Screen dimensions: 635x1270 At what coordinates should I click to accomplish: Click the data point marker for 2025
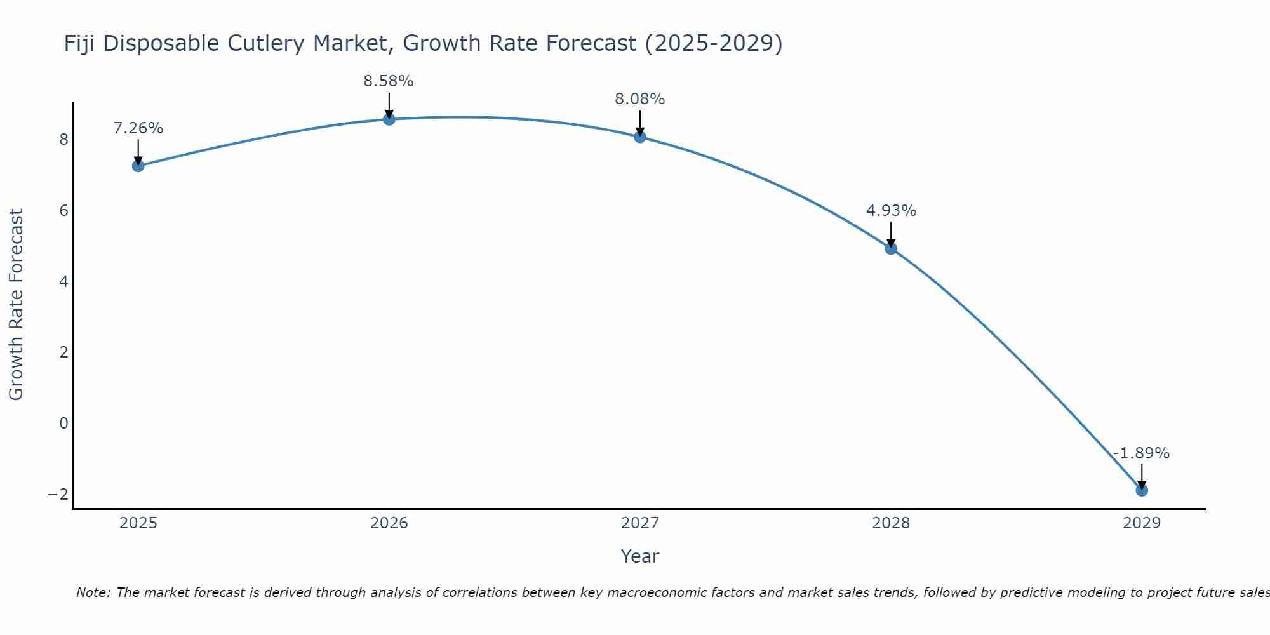point(138,166)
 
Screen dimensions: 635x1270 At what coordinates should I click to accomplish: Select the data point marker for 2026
point(389,119)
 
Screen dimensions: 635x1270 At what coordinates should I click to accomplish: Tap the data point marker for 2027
point(640,137)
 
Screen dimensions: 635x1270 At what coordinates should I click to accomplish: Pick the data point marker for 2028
point(891,248)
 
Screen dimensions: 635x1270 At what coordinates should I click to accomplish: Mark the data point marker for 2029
point(1142,490)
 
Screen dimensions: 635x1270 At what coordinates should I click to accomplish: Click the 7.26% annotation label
point(138,128)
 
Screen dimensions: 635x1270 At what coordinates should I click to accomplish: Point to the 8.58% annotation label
point(389,81)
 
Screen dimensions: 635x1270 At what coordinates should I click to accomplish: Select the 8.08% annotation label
point(639,99)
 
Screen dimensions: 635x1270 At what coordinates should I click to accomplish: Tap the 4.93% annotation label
point(891,211)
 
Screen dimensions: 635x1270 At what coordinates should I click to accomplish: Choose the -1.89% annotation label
point(1141,453)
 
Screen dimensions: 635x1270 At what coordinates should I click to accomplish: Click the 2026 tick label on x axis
point(389,523)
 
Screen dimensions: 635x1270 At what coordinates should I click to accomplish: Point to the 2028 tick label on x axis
point(891,523)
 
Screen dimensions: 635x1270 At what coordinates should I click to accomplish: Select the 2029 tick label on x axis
point(1142,523)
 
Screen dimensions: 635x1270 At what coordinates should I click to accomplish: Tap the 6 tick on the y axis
point(63,210)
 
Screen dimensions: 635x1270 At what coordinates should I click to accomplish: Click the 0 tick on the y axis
point(63,423)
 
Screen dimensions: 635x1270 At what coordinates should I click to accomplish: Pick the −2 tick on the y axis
point(58,494)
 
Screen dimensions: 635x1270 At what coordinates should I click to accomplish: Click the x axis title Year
point(639,556)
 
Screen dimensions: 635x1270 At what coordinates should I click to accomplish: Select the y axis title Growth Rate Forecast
point(16,304)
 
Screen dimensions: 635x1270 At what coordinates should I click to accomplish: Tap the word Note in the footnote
point(93,592)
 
